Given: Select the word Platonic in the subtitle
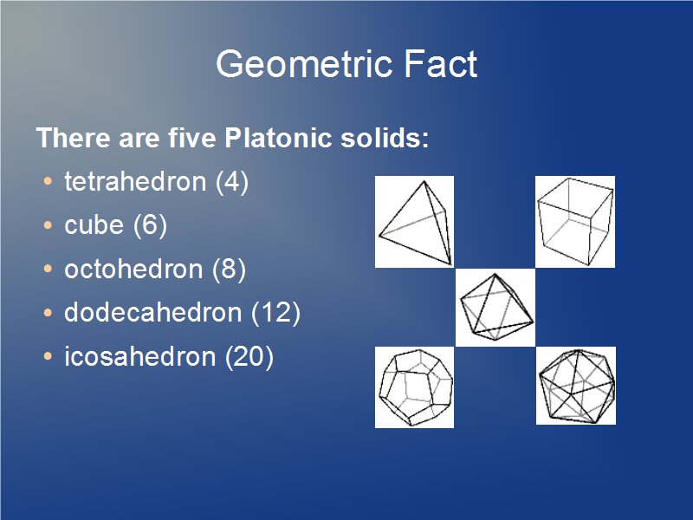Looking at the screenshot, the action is [x=278, y=138].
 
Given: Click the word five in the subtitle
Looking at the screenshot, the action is [x=191, y=138].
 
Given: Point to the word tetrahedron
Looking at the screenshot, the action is [x=135, y=181].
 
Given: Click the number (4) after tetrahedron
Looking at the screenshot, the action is [x=232, y=182].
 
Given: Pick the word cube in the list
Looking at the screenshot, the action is [x=94, y=225].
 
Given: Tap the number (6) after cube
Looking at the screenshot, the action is [x=150, y=226].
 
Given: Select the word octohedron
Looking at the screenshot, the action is [x=133, y=269].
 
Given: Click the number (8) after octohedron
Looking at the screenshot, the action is [x=229, y=270].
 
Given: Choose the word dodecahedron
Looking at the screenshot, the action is [x=153, y=312].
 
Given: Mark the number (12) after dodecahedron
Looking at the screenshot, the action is [x=275, y=313].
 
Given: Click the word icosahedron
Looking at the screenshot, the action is [x=140, y=356].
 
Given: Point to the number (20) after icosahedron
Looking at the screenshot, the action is [x=249, y=357].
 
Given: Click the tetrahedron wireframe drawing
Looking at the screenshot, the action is [x=415, y=222].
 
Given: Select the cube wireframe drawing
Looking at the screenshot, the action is [x=575, y=222].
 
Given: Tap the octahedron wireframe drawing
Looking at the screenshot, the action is [x=495, y=308].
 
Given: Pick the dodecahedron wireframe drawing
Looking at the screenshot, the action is [x=415, y=387].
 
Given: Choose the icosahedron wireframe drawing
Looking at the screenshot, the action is [x=576, y=386].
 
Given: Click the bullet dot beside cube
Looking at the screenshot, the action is [x=48, y=225].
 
